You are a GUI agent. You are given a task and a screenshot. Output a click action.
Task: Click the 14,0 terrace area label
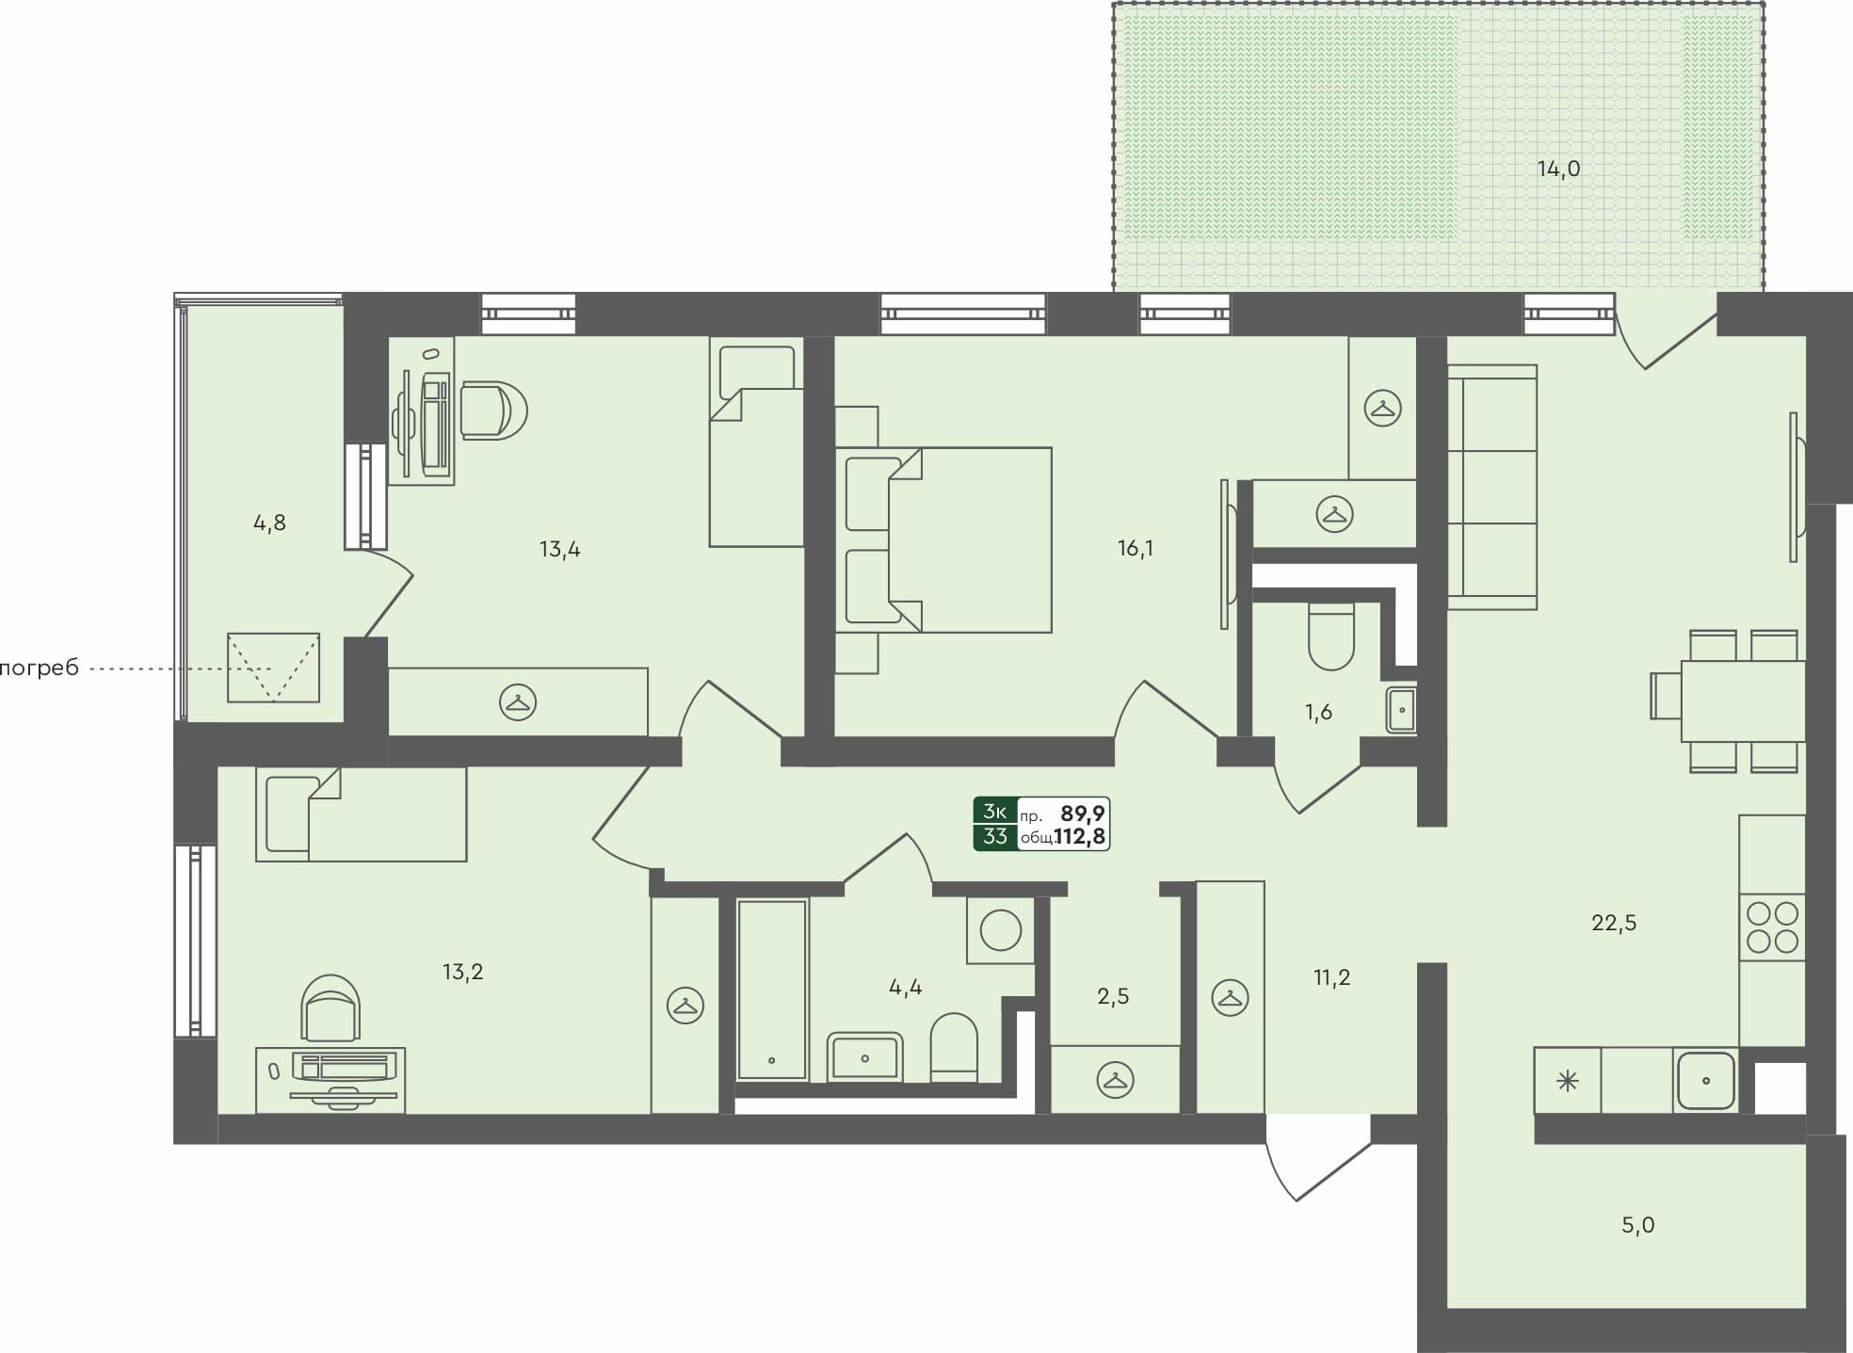(1558, 169)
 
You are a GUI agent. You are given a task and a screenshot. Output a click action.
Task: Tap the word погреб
(39, 669)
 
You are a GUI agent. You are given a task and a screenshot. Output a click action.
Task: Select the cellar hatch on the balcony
(273, 668)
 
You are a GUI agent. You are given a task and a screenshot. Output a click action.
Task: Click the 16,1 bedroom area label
(1136, 548)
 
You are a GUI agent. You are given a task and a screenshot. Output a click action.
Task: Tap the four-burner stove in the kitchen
(1772, 926)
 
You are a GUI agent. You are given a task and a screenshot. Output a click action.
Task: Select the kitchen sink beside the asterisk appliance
(1705, 1081)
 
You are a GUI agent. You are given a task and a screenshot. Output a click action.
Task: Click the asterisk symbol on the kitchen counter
(1568, 1081)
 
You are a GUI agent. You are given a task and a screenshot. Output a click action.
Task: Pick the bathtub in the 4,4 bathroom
(772, 989)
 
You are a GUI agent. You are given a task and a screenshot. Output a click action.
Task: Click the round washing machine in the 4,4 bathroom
(1000, 931)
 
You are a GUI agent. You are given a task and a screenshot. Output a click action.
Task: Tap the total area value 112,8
(1079, 836)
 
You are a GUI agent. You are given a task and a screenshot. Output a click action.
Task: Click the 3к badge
(995, 812)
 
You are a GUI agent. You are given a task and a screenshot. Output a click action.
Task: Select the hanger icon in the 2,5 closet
(1115, 1080)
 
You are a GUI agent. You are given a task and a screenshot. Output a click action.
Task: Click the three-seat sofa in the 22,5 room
(1491, 487)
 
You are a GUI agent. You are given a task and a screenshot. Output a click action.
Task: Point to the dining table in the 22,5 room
(1742, 701)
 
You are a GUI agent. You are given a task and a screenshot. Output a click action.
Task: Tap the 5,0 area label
(1637, 1225)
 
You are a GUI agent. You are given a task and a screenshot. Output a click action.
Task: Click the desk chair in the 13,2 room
(330, 1007)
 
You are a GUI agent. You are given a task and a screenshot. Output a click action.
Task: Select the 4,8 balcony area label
(269, 523)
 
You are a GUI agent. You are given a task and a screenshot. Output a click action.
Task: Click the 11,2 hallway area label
(1331, 977)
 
